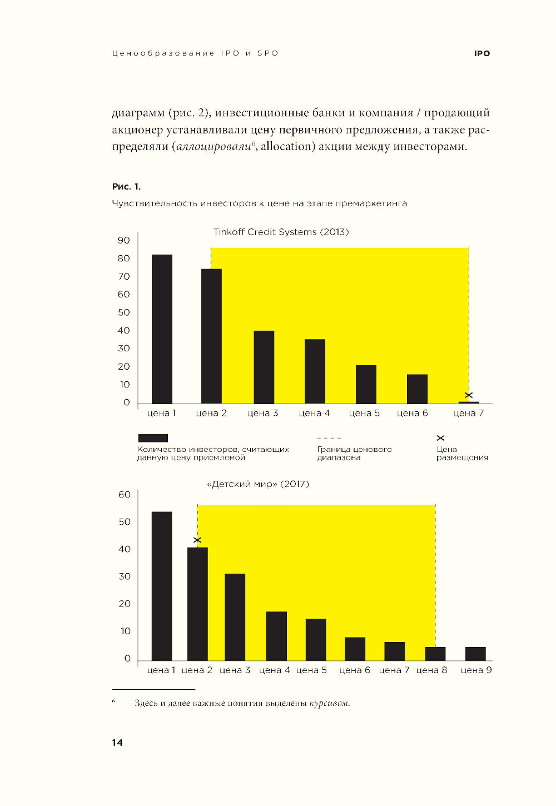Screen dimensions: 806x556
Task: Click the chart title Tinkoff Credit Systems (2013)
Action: coord(281,232)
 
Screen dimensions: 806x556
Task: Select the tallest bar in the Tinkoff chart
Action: coord(162,329)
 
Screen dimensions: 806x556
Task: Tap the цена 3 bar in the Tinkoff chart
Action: coord(264,367)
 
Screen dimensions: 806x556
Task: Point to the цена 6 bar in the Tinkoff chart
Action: coord(417,389)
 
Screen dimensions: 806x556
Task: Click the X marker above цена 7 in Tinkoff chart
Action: coord(469,395)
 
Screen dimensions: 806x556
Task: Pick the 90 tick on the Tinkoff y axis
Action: coord(123,240)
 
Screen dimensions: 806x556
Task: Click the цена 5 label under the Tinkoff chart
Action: coord(364,413)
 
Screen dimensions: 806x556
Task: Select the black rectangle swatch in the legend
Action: coord(153,438)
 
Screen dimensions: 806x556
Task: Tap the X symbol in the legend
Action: coord(440,438)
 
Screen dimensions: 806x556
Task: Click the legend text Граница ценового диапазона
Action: coord(354,454)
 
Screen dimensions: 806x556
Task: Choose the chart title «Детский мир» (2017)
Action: coord(257,484)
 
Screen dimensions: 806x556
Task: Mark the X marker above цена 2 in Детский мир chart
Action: coord(197,540)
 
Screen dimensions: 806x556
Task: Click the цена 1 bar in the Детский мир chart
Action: coord(162,586)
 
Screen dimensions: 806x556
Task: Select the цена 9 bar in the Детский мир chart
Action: coord(475,654)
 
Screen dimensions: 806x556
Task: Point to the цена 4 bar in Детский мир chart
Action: coord(276,636)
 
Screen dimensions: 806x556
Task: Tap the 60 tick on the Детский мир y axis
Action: coord(125,494)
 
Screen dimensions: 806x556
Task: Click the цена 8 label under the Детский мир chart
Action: coord(431,670)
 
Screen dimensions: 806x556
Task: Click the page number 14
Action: coord(117,743)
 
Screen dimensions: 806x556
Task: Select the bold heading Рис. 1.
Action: coord(126,186)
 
